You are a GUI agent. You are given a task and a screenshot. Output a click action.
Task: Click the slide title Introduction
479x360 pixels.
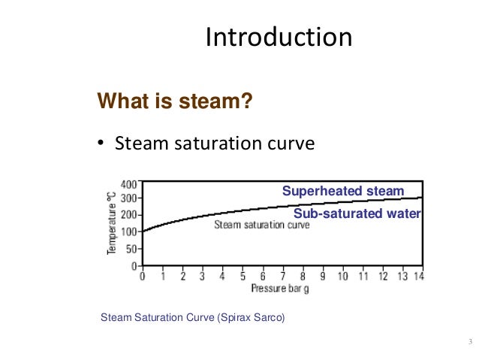coord(279,37)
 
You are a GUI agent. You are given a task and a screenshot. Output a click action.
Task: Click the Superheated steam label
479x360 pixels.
coord(343,191)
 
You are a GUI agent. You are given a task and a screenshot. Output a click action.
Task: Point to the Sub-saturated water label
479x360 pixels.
coord(357,214)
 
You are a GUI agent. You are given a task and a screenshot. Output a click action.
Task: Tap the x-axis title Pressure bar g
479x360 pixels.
coord(281,288)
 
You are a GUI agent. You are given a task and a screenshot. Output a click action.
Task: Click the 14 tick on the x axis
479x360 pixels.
coord(419,277)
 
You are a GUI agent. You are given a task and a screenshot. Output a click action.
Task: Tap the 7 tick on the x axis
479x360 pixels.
coord(282,277)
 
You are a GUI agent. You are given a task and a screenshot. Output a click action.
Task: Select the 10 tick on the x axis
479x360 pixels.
coord(342,277)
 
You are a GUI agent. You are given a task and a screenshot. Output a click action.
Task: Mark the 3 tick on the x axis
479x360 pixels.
coord(203,277)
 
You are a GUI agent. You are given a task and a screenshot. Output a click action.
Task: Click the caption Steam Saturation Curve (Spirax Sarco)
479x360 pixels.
coord(193,318)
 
